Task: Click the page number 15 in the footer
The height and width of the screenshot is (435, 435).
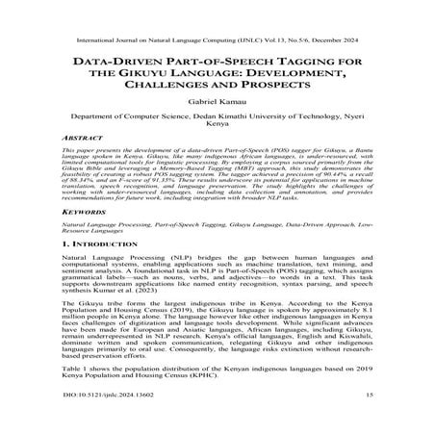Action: pos(370,421)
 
